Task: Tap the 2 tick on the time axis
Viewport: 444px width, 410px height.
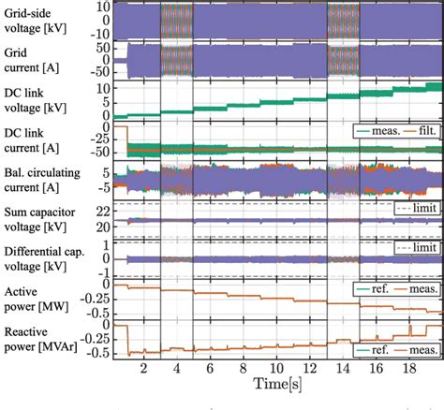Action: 143,369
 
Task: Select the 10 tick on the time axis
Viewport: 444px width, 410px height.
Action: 274,369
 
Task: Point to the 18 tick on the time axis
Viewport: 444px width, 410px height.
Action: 406,369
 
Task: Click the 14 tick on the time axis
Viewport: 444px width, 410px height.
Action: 340,369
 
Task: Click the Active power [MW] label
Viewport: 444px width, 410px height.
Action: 34,300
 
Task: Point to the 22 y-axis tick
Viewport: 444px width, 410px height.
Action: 99,213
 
